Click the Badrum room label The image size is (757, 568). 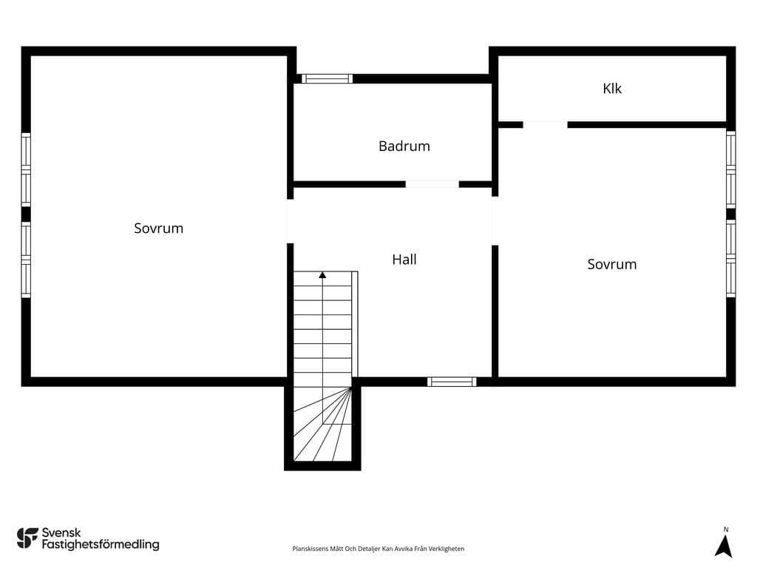(x=404, y=146)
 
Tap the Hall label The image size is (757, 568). (x=404, y=260)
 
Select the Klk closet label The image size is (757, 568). (x=612, y=89)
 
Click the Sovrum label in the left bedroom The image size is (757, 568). (x=158, y=228)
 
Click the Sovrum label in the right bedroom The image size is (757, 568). (x=611, y=264)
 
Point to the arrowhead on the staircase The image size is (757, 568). (x=322, y=275)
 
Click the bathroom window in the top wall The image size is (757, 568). (x=327, y=78)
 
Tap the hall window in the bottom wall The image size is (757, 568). (x=452, y=382)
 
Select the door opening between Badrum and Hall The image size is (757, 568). (x=432, y=184)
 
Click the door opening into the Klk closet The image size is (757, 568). (x=545, y=124)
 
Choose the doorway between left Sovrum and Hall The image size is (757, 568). (x=290, y=221)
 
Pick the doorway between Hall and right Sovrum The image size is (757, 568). (x=495, y=220)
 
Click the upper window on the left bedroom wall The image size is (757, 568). (x=26, y=169)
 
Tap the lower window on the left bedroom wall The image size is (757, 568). (x=26, y=260)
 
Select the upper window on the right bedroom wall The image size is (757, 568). (x=731, y=169)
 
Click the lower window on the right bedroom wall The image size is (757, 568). (x=731, y=258)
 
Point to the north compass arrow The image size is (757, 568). (x=724, y=547)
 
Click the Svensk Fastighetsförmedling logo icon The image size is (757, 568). (x=27, y=538)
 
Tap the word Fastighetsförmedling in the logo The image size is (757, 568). (x=101, y=545)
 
